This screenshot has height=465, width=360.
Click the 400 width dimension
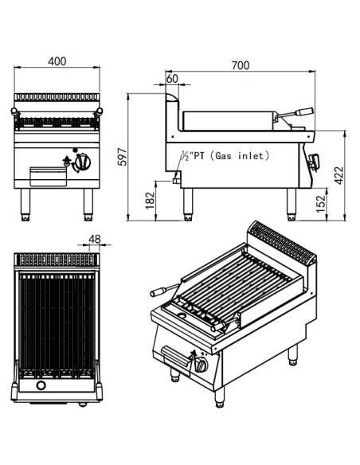pyautogui.click(x=56, y=61)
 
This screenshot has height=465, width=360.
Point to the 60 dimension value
pyautogui.click(x=172, y=79)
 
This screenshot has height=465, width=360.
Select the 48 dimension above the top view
pyautogui.click(x=95, y=239)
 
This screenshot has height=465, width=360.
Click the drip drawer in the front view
pyautogui.click(x=45, y=173)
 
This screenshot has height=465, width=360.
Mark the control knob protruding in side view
pyautogui.click(x=317, y=162)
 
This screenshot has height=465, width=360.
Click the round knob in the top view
pyautogui.click(x=56, y=389)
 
